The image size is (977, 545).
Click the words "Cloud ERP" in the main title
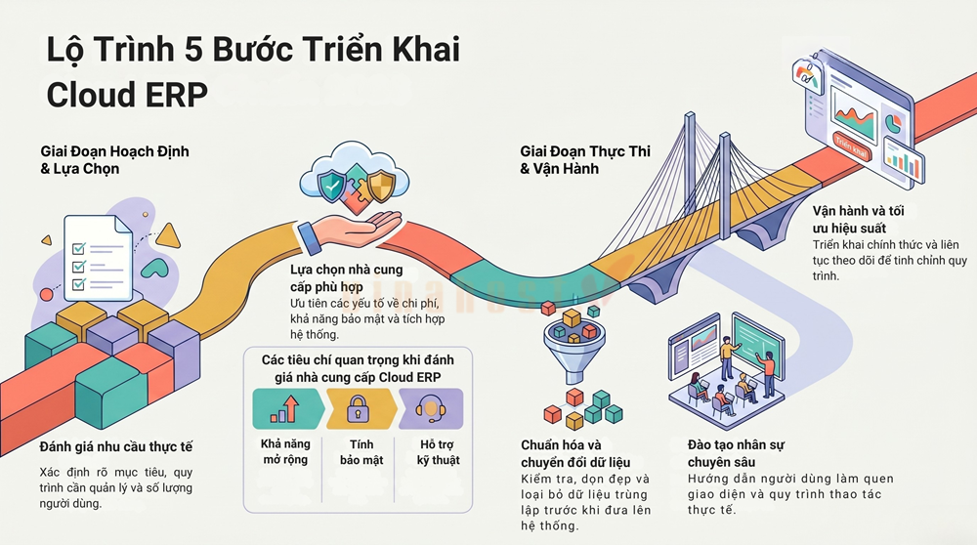127,95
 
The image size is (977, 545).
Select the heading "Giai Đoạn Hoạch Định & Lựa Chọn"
114,160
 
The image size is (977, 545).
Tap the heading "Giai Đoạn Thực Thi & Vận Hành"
585,160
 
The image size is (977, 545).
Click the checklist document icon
99,258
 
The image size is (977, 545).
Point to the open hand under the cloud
349,231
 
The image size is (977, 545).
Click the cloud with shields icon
355,179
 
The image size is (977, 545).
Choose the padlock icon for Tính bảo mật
359,408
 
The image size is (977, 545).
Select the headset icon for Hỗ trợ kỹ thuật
430,409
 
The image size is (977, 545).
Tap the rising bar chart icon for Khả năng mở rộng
284,409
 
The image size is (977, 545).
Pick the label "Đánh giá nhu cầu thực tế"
116,446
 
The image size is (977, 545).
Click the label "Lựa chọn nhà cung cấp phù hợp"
347,278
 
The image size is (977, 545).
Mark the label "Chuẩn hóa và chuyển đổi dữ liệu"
575,453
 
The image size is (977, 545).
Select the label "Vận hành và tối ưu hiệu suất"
858,219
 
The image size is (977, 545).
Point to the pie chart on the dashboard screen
894,122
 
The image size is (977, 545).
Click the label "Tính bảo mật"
361,452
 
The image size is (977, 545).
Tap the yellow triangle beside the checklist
168,235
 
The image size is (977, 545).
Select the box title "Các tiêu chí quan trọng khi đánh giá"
358,368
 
